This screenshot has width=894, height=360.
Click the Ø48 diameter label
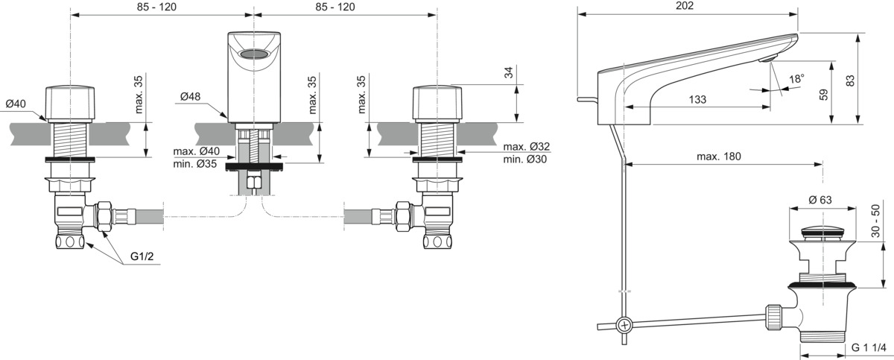coord(190,97)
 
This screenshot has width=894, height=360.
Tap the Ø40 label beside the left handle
coord(16,104)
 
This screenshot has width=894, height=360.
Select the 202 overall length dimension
coord(685,5)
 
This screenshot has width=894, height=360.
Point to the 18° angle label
coord(796,78)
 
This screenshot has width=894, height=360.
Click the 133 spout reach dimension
coord(697,99)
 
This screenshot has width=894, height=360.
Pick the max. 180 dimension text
coord(718,157)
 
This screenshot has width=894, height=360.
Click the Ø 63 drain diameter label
coord(820,200)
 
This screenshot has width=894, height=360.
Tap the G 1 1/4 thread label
coord(869,347)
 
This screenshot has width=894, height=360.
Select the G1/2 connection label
coord(142,256)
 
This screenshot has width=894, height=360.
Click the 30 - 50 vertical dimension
coord(875,221)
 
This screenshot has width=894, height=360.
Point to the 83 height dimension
coord(851,81)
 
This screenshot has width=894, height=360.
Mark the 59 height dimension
coord(823,95)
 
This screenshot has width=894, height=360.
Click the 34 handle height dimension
coord(508,72)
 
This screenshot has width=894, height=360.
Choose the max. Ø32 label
coord(526,147)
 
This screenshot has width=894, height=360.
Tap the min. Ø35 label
coord(194,164)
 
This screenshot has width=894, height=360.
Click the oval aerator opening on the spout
coord(253,54)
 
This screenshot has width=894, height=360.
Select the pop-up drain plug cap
coord(822,232)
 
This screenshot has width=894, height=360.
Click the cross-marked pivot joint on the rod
coord(624,325)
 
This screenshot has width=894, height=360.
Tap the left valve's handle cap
coord(70,103)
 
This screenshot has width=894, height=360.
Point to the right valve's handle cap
coord(437,103)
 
